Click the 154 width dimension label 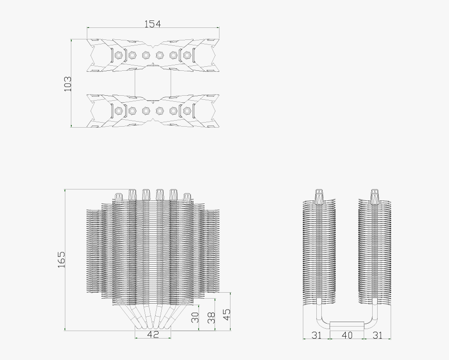pos(153,23)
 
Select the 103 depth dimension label pos(68,83)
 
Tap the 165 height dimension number pos(61,260)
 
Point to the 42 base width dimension pos(153,335)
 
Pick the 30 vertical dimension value pos(195,317)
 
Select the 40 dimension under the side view pos(346,335)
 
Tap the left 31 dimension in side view pos(316,335)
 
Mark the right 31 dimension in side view pos(377,335)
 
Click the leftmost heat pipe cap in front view pos(119,197)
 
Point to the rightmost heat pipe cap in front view pos(187,197)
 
